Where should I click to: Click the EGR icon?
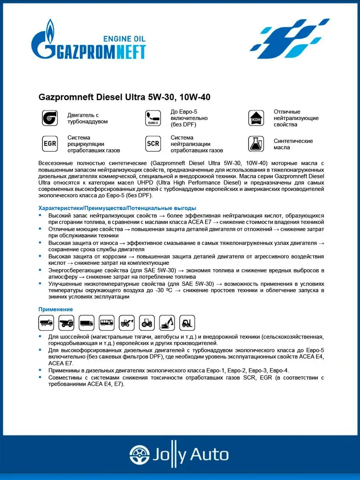[x=50, y=144]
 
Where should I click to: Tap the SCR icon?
[x=153, y=144]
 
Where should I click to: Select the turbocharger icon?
[x=50, y=118]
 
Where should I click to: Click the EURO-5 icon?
[x=153, y=118]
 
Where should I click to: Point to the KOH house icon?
[x=256, y=118]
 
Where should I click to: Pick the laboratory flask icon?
[x=256, y=144]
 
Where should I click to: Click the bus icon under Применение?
[x=106, y=322]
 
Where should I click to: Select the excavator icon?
[x=167, y=322]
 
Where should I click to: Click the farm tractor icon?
[x=147, y=322]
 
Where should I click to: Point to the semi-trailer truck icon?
[x=86, y=322]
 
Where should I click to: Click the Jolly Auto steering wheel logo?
[x=138, y=455]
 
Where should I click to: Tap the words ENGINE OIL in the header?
[x=124, y=39]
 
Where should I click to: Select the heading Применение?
[x=56, y=309]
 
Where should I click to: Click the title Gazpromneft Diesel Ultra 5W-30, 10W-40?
[x=124, y=97]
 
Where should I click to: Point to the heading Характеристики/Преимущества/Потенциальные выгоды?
[x=117, y=208]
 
